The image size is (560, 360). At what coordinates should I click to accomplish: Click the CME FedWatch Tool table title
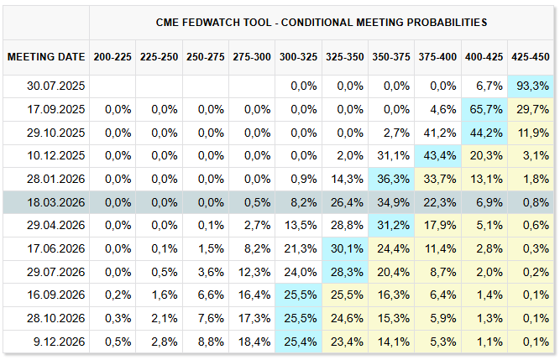point(322,22)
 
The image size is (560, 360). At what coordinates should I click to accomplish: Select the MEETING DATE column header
point(46,57)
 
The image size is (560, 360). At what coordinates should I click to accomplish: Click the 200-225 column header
point(113,57)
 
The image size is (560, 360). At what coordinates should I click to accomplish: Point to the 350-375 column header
point(390,57)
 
